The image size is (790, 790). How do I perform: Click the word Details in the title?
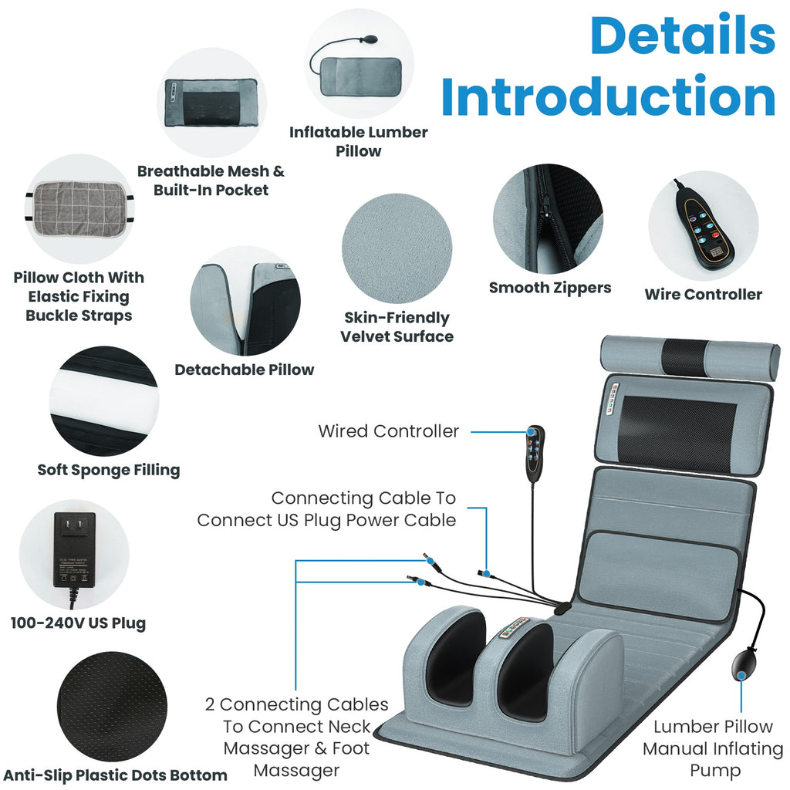683,37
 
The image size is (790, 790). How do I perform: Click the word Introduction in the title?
608,98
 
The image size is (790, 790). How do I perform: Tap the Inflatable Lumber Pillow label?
358,141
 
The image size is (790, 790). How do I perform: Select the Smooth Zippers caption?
550,288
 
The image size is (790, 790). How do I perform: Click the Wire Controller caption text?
703,294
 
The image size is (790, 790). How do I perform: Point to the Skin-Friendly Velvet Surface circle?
397,248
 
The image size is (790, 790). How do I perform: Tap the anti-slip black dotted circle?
112,707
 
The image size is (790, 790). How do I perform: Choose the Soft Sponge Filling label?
109,470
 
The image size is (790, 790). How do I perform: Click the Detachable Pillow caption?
244,370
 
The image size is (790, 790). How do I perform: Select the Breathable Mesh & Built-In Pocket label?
211,181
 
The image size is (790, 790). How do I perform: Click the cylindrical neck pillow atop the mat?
689,357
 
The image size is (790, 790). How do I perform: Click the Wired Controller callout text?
388,431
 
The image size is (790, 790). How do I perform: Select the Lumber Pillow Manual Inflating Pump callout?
712,748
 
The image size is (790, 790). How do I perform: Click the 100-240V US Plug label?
78,623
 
